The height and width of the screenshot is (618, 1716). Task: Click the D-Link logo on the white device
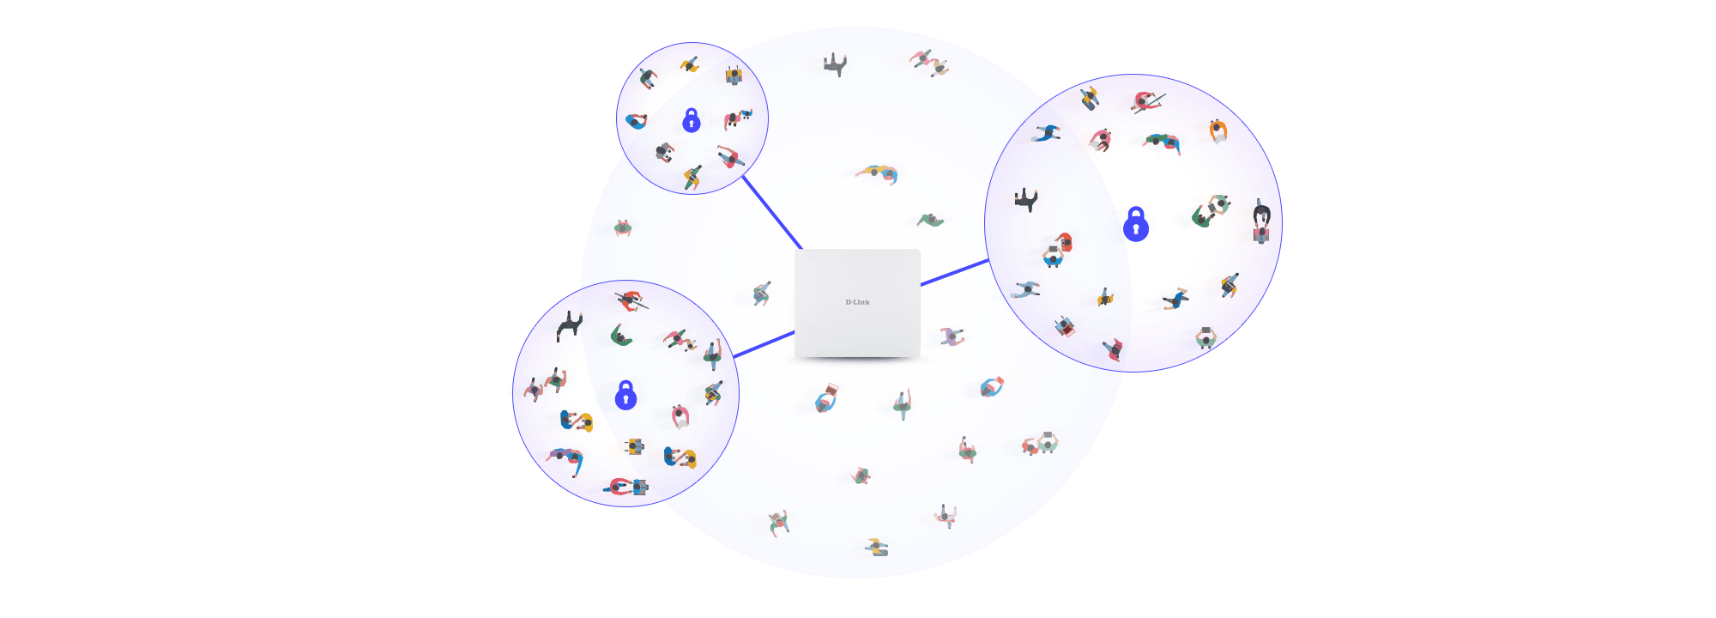(857, 302)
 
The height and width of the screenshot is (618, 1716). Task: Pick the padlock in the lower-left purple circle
(627, 395)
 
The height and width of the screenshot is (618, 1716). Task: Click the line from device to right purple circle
(954, 271)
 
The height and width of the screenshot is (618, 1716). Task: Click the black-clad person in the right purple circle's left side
(1026, 200)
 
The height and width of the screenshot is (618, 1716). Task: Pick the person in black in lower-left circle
(568, 325)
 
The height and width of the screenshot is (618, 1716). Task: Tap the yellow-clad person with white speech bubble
(1218, 131)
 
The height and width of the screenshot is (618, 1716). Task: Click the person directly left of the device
(758, 294)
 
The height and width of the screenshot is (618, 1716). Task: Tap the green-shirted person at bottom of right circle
(1205, 337)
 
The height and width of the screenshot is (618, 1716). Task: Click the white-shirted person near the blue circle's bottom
(946, 516)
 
